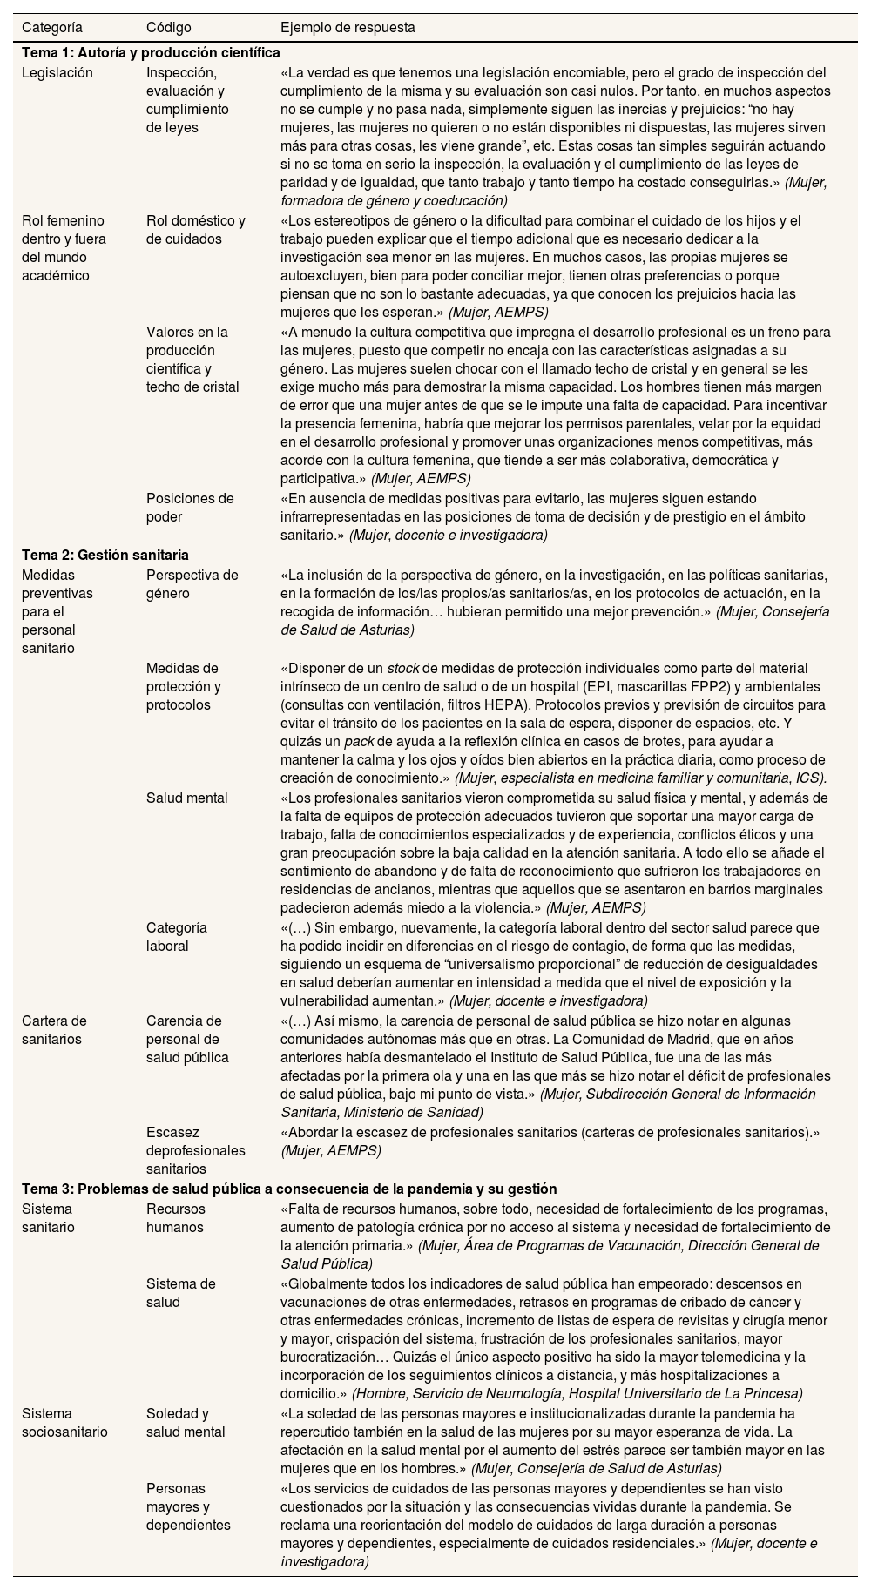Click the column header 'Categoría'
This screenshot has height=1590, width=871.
click(51, 27)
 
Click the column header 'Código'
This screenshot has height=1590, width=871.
click(169, 27)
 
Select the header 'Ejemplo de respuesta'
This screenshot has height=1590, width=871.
click(348, 27)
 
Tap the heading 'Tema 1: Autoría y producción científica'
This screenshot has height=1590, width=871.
click(151, 52)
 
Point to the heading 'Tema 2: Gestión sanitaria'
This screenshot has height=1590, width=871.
click(105, 555)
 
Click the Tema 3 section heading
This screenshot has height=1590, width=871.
click(289, 1189)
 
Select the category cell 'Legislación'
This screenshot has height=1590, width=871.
click(57, 72)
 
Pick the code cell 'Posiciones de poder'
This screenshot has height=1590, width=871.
click(190, 508)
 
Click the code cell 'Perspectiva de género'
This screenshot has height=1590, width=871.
click(192, 584)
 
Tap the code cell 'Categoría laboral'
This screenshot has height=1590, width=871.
click(177, 937)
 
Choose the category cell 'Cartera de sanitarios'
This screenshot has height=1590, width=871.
click(54, 1029)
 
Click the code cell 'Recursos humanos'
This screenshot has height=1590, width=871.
click(175, 1218)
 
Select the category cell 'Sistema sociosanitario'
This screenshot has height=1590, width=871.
click(64, 1423)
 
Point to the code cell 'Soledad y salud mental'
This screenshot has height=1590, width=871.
click(186, 1423)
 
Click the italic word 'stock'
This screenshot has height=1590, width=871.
click(403, 669)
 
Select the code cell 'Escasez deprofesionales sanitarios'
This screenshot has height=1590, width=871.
click(195, 1150)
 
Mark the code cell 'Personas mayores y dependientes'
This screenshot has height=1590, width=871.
click(188, 1506)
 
